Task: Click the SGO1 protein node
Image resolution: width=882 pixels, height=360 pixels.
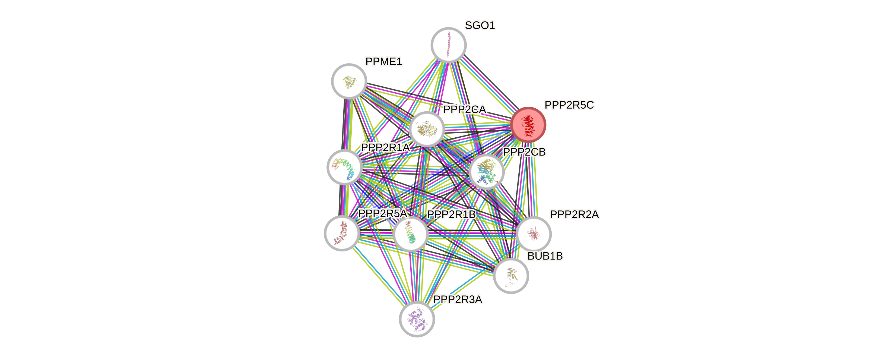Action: click(448, 45)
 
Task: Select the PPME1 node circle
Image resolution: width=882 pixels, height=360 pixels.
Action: click(349, 81)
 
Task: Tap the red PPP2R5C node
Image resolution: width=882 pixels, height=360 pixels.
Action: click(528, 124)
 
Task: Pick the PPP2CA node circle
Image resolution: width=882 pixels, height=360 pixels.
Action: click(427, 129)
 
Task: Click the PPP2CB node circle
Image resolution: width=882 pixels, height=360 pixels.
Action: click(486, 172)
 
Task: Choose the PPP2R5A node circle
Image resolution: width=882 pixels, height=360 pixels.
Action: click(341, 233)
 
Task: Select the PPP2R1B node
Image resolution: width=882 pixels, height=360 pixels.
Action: click(411, 234)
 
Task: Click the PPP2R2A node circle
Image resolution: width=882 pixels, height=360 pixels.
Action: click(534, 234)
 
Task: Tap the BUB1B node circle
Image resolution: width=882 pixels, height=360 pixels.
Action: click(511, 276)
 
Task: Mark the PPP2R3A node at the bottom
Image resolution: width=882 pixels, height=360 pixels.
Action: click(417, 319)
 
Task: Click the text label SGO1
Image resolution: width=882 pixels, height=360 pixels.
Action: click(480, 25)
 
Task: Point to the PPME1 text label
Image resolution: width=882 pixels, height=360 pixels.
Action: click(383, 62)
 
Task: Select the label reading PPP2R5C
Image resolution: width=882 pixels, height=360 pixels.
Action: click(569, 105)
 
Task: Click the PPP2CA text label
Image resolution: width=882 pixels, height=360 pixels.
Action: click(464, 110)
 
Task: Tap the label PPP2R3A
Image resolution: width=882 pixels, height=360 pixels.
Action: click(458, 300)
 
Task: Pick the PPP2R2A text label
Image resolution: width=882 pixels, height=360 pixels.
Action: click(574, 214)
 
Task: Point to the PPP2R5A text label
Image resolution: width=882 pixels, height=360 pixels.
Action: click(382, 214)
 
